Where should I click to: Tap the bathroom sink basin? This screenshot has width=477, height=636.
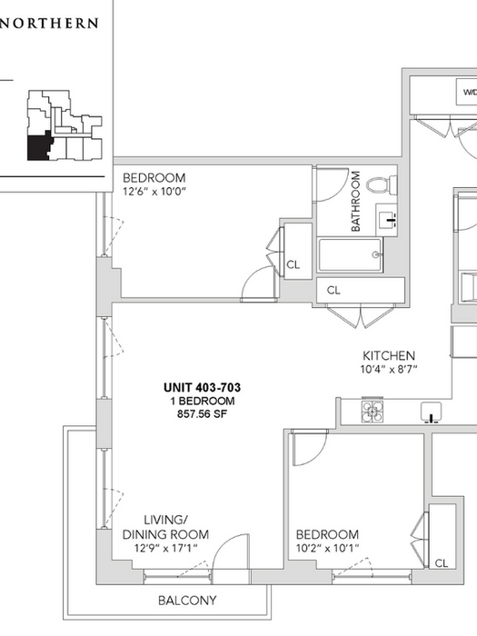click(x=388, y=220)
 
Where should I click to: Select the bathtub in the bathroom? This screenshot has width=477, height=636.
click(x=351, y=254)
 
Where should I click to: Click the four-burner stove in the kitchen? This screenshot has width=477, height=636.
click(x=373, y=411)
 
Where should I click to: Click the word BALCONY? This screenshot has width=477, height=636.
click(x=187, y=601)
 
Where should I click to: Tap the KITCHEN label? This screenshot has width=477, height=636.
click(x=389, y=356)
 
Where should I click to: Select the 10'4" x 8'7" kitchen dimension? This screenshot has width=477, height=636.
click(x=389, y=370)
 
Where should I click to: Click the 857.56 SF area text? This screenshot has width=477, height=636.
click(x=202, y=414)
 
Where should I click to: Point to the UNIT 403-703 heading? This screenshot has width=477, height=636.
click(x=202, y=387)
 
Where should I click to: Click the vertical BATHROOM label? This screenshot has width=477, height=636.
click(x=355, y=201)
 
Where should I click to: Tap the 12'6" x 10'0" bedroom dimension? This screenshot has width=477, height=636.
click(x=154, y=192)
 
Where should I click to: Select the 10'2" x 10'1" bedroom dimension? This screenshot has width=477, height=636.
click(x=327, y=548)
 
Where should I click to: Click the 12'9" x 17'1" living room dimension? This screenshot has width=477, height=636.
click(x=166, y=548)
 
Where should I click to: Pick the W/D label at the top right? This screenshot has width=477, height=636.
click(x=470, y=92)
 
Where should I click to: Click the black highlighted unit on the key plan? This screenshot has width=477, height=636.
click(x=39, y=147)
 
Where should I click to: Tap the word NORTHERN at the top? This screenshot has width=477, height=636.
click(x=49, y=23)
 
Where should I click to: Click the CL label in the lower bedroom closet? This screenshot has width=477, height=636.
click(x=442, y=563)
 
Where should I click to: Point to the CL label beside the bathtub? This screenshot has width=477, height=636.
click(x=293, y=265)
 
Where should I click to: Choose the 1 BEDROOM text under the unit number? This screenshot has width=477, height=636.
click(x=202, y=401)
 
